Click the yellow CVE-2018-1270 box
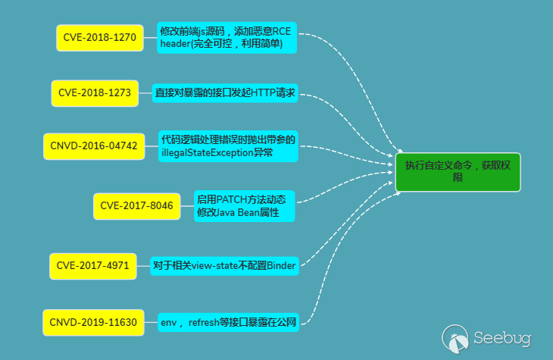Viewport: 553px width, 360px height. (x=100, y=38)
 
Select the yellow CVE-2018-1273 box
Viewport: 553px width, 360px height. (x=95, y=93)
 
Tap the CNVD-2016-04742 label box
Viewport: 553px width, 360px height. (x=94, y=146)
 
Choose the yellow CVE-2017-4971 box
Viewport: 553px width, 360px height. (x=93, y=266)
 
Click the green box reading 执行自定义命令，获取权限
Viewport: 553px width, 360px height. (x=458, y=171)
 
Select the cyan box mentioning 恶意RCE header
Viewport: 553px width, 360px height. (x=227, y=38)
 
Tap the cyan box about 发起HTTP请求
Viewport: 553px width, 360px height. (x=224, y=93)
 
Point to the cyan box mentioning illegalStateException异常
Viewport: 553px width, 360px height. (x=228, y=146)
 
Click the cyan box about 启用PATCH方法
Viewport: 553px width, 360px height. (x=242, y=205)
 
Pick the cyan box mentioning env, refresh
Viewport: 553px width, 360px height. (x=228, y=322)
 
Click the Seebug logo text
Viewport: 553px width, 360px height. (x=502, y=338)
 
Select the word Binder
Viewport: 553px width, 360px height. (x=280, y=265)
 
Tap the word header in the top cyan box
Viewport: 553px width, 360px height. (x=177, y=45)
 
